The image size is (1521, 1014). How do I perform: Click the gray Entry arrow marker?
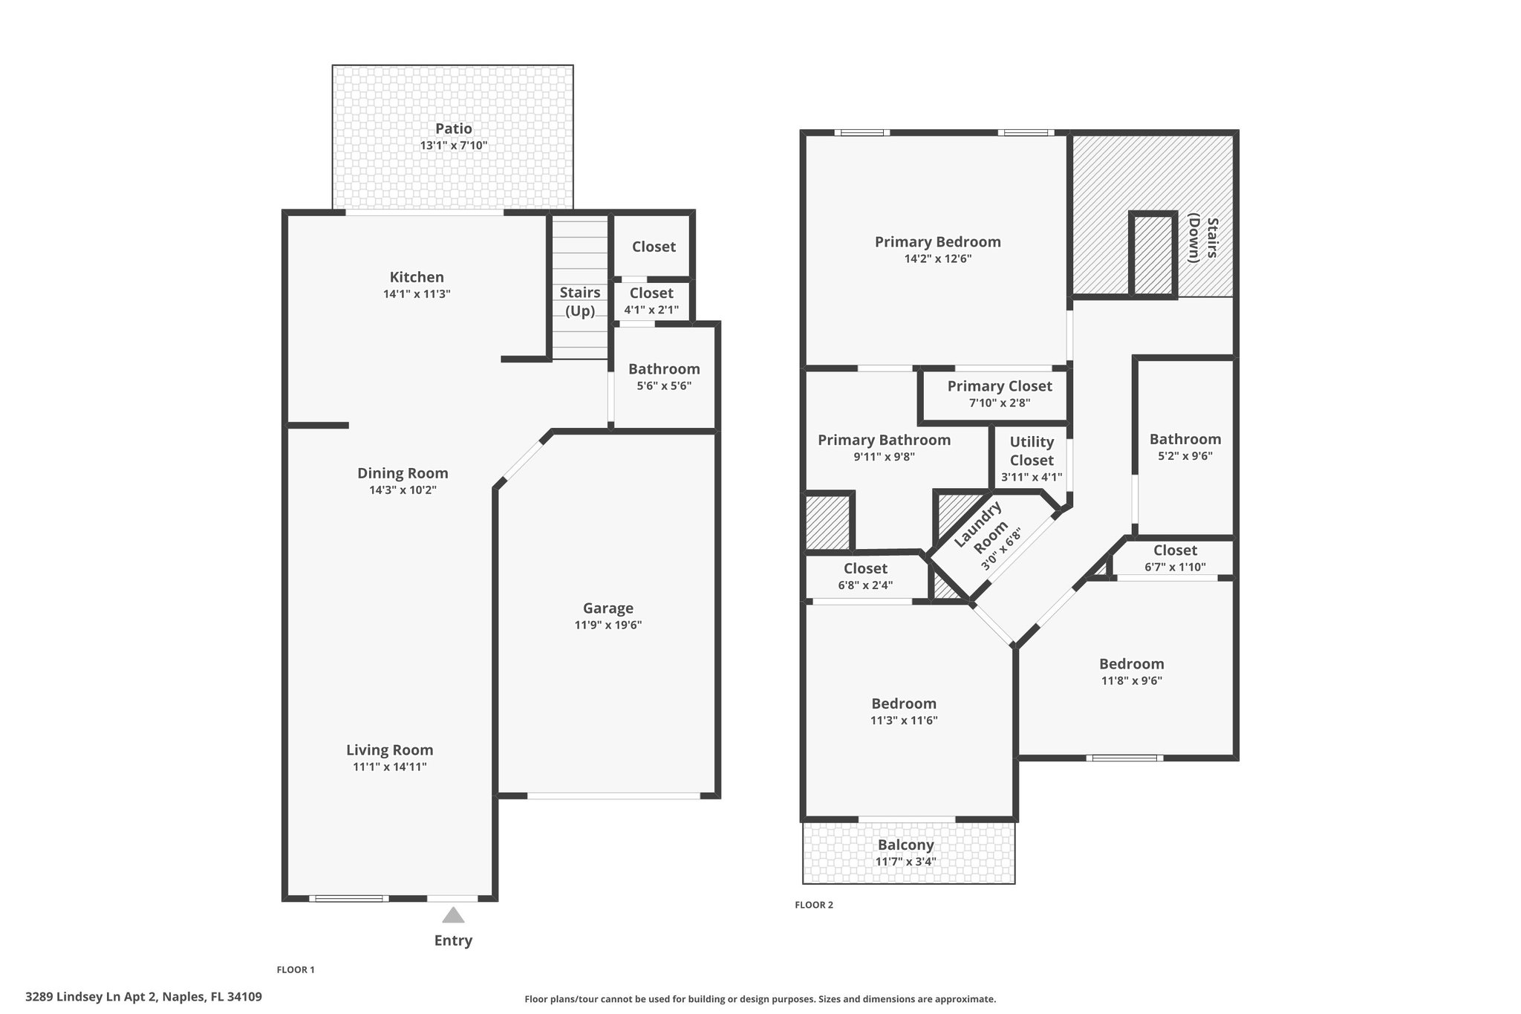coord(453,915)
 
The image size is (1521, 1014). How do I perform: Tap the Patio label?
coord(454,129)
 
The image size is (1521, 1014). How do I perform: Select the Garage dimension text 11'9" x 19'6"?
coord(608,625)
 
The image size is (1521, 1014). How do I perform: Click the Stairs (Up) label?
coord(580,302)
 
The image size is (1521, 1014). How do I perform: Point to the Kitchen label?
coord(417,277)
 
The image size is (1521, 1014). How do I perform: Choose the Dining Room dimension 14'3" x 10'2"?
coord(403,490)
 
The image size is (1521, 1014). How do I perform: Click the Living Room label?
coord(390,750)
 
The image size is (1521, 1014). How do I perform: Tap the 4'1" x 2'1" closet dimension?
coord(651,310)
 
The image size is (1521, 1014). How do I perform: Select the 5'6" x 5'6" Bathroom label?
coord(664,369)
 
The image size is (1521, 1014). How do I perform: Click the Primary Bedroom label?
coord(938,242)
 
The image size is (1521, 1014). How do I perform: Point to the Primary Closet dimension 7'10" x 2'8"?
coord(1000,403)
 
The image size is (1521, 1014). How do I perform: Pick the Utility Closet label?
coord(1032,451)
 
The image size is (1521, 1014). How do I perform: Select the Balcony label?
coord(906,845)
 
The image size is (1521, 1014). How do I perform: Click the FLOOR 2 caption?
coord(814,905)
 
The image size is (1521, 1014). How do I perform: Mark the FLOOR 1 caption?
coord(296,969)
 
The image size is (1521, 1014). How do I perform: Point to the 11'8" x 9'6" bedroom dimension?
coord(1131,680)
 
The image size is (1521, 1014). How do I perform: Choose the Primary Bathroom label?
coord(884,441)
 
